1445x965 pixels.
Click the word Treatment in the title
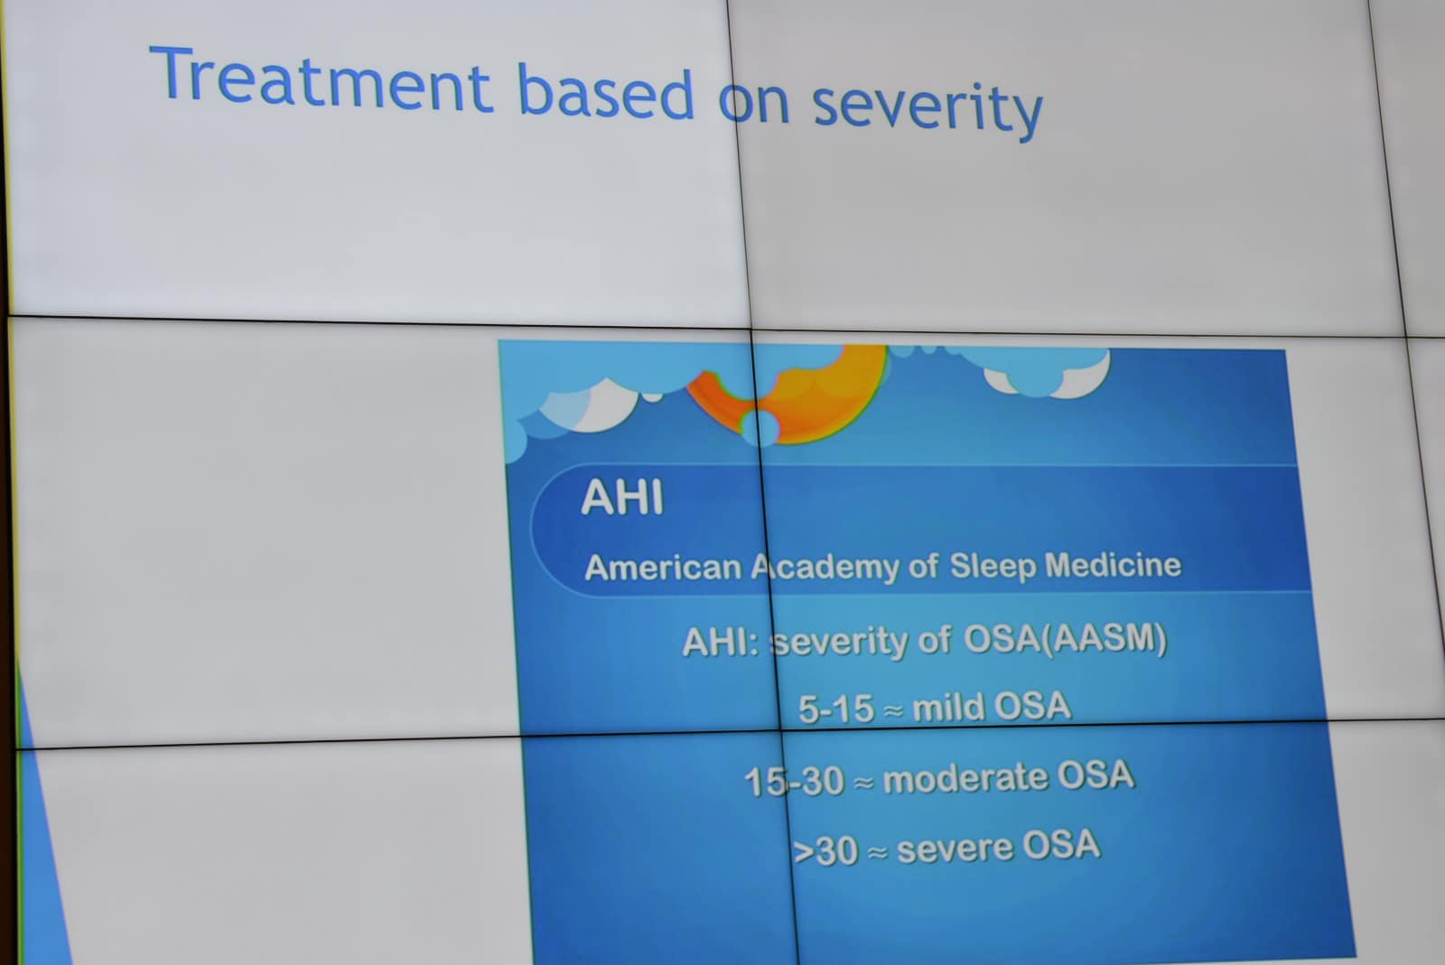(x=322, y=79)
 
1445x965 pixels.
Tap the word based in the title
(x=606, y=92)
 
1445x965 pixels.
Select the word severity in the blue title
(x=928, y=109)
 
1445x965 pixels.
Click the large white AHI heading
(x=622, y=497)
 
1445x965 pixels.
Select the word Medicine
(x=1114, y=565)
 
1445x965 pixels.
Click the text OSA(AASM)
(x=1065, y=640)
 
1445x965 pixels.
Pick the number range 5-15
(x=836, y=710)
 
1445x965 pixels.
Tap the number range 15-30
(x=794, y=781)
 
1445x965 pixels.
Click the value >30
(x=825, y=851)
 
